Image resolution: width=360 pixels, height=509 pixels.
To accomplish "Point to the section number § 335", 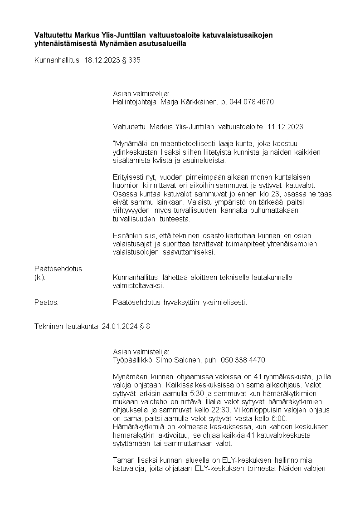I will tap(131, 59).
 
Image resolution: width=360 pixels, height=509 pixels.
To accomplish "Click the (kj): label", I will tap(40, 278).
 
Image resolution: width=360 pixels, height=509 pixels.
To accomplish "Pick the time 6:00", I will tap(279, 418).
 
